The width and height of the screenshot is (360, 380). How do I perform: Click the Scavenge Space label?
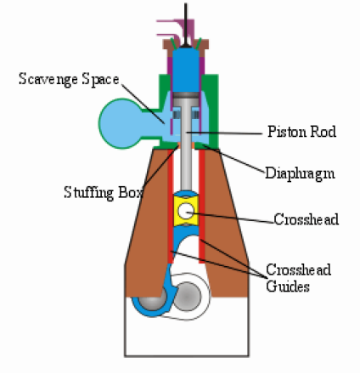(69, 79)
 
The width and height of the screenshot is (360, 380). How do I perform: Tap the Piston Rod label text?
(302, 132)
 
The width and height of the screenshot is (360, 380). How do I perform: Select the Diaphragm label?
(300, 173)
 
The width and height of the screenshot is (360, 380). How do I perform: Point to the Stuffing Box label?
(103, 193)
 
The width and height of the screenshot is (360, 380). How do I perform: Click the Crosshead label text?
(307, 219)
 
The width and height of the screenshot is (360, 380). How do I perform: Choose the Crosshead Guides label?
(298, 278)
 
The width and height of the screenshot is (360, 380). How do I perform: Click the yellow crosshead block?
(186, 211)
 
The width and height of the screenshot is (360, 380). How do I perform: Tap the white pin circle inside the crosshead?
(186, 211)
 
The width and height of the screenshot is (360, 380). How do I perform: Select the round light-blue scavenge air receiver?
(121, 124)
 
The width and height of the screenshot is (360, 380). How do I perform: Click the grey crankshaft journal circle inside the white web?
(187, 296)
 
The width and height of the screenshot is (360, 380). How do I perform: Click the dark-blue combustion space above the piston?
(186, 70)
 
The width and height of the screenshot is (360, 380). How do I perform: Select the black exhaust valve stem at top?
(186, 25)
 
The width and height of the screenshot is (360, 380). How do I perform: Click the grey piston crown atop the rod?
(186, 95)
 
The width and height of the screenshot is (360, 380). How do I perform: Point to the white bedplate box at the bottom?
(187, 332)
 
